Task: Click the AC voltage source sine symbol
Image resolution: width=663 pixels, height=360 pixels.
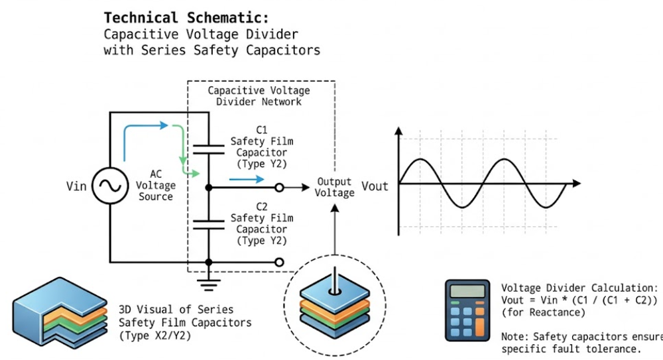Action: point(110,186)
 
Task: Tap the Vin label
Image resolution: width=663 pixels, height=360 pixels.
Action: point(76,186)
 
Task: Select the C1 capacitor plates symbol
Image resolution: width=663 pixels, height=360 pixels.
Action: point(208,150)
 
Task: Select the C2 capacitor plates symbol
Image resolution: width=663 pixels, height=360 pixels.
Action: point(208,225)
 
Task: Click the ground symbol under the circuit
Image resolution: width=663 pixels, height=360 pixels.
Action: point(208,284)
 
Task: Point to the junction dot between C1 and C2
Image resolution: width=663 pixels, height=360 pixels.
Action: point(208,188)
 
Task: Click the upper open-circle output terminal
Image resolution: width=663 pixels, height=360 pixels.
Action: point(279,188)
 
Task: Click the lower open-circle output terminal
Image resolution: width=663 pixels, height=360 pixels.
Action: point(279,263)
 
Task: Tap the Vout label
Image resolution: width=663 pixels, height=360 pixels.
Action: point(375,186)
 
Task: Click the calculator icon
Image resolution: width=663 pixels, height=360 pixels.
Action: point(467,310)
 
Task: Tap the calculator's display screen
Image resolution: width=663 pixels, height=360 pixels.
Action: point(467,291)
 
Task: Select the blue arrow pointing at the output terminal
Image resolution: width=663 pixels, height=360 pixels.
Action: point(247,180)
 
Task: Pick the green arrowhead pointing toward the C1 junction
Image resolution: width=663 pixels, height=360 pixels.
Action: point(195,173)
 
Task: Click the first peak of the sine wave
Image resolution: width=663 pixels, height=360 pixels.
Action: point(420,159)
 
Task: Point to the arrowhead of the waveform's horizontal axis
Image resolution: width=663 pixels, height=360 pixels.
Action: point(577,184)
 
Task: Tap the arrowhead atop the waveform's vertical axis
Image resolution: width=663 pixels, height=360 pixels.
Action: point(398,131)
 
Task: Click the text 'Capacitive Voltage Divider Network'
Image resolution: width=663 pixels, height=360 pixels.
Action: point(259,96)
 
